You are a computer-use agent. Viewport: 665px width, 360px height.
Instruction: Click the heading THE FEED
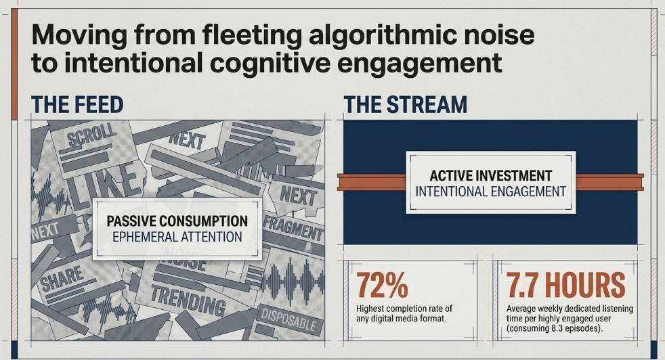coord(77,105)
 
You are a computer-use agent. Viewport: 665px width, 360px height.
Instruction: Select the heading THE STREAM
coord(405,105)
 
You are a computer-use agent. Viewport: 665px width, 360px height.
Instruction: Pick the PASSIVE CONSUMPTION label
coord(177,221)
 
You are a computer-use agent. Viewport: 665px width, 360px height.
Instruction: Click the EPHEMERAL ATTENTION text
coord(177,237)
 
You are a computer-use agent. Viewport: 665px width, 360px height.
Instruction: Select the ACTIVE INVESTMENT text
coord(491,175)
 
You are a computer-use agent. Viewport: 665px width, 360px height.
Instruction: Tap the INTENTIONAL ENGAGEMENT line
coord(491,192)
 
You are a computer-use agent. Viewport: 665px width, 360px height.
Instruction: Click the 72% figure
coord(382,285)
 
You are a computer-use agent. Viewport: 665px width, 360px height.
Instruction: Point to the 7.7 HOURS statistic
coord(565,285)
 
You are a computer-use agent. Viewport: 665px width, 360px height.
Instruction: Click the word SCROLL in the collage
coord(91,135)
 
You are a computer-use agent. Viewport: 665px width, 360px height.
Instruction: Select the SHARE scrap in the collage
coord(62,278)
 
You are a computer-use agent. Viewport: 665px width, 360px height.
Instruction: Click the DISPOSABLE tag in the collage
coord(288,319)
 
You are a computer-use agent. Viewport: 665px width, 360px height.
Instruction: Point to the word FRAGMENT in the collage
coord(293,227)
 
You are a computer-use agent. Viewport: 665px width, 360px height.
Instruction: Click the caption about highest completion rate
coord(404,313)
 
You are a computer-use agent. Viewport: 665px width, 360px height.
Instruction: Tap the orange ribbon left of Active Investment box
coord(372,182)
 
